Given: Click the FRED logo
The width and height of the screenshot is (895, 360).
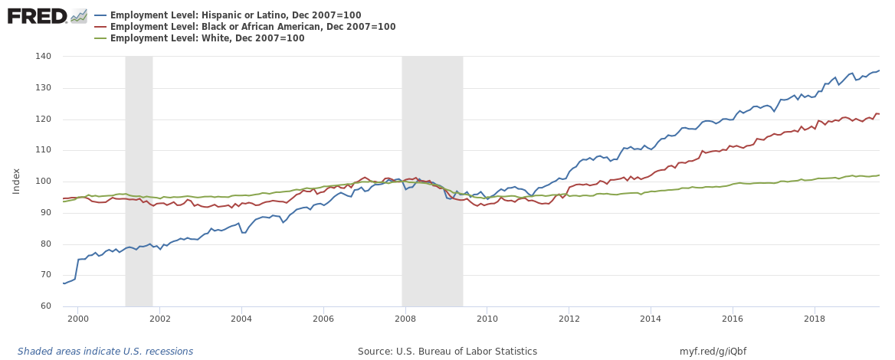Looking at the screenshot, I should coord(38,15).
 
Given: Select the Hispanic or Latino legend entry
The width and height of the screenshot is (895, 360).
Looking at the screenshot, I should coord(235,15).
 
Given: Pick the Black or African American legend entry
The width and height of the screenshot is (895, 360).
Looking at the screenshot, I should coord(253,27).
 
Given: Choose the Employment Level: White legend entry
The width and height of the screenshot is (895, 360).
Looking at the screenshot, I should coord(207,38).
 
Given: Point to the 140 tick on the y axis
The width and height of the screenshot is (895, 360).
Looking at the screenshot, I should coord(42,57).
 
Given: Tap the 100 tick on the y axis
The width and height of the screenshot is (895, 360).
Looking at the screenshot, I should coord(42,182).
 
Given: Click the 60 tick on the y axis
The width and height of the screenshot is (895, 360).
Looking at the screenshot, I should coord(44,306).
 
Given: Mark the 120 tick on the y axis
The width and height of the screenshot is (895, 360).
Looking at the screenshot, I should coord(42,119).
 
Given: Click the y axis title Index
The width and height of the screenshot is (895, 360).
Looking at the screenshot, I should coord(16,182).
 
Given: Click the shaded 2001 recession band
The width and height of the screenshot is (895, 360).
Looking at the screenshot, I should coord(139,182).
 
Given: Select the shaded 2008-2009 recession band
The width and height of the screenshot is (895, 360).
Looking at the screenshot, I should coord(432,182).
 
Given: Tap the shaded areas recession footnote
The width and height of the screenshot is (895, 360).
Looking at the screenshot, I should coord(105,352).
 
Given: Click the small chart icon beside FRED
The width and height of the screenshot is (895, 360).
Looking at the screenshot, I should coord(79,15).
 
